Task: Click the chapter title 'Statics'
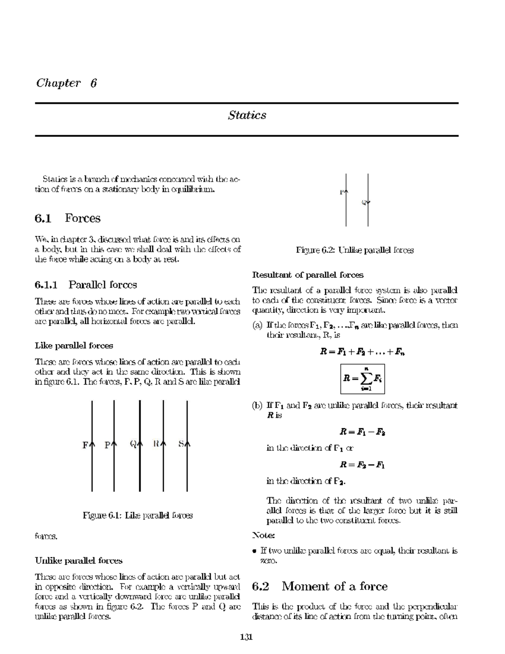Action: [x=247, y=115]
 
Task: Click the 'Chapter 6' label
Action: [x=66, y=83]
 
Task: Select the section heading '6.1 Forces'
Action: [x=68, y=218]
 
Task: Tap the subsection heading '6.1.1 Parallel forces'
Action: [x=86, y=285]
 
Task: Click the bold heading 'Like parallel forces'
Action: [x=74, y=346]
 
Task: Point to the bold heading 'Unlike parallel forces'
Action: [x=79, y=561]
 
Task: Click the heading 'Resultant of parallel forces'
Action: [x=308, y=275]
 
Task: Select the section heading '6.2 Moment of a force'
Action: [x=319, y=586]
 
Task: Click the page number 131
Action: [x=246, y=637]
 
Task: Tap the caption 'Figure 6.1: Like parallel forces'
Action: [x=138, y=515]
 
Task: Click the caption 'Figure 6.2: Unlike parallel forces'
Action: [x=355, y=250]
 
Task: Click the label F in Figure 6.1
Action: [x=86, y=445]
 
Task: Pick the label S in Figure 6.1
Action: [x=181, y=443]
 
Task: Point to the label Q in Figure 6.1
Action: [x=133, y=444]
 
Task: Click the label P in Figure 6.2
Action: [x=342, y=192]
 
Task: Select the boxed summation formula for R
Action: [x=362, y=379]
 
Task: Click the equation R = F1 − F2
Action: [x=362, y=432]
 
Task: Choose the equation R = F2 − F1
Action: [x=362, y=465]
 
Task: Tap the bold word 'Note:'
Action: [x=263, y=535]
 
